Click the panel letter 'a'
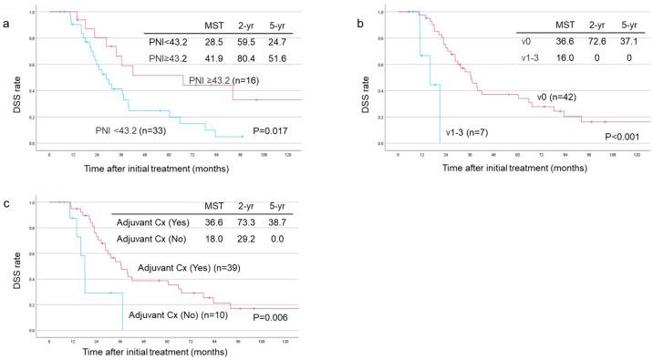pos(5,10)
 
